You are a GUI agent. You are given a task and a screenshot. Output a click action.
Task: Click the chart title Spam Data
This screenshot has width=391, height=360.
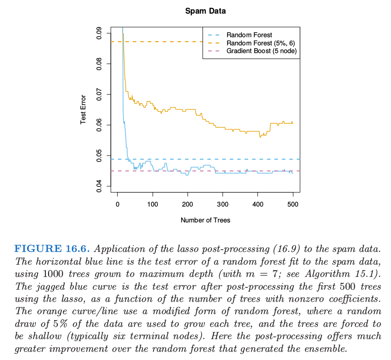pyautogui.click(x=205, y=11)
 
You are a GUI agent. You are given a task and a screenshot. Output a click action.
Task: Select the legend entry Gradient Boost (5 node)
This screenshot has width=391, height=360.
pyautogui.click(x=262, y=51)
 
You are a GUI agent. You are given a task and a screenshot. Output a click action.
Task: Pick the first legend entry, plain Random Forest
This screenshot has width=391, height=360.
pyautogui.click(x=249, y=35)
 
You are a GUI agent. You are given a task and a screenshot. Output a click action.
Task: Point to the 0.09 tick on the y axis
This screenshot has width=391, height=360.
pyautogui.click(x=99, y=34)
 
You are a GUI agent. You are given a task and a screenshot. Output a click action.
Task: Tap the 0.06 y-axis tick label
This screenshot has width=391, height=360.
pyautogui.click(x=99, y=125)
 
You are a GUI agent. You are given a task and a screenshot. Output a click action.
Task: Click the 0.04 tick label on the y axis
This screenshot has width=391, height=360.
pyautogui.click(x=99, y=187)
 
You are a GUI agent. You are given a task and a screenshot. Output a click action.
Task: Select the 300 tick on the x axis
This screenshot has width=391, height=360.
pyautogui.click(x=223, y=204)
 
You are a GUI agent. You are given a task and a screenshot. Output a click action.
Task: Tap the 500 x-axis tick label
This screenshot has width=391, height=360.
pyautogui.click(x=293, y=204)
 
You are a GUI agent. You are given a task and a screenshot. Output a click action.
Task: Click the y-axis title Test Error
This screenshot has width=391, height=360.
pyautogui.click(x=84, y=109)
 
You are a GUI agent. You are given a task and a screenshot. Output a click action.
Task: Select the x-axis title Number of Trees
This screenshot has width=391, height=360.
pyautogui.click(x=205, y=220)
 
